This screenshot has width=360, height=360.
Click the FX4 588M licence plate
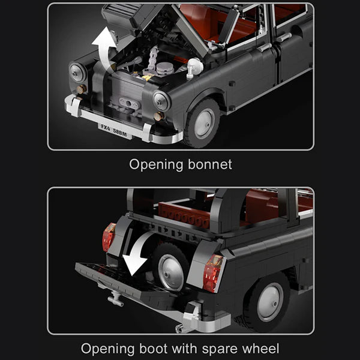(x=115, y=131)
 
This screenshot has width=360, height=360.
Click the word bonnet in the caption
(x=210, y=164)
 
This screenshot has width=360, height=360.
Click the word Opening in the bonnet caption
(x=156, y=165)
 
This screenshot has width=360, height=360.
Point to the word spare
(x=220, y=349)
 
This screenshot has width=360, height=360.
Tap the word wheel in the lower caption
(x=260, y=348)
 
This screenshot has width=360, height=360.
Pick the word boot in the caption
(x=153, y=348)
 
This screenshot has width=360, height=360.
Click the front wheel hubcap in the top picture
(x=204, y=124)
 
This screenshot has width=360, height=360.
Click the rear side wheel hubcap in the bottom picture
(x=270, y=302)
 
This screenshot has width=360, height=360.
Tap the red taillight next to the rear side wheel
(x=213, y=273)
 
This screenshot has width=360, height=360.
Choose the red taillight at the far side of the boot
(x=109, y=237)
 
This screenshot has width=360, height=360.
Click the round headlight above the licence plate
(x=161, y=101)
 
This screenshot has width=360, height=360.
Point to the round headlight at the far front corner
(x=77, y=73)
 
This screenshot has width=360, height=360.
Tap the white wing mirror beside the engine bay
(x=195, y=67)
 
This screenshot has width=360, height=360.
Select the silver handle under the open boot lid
(x=115, y=299)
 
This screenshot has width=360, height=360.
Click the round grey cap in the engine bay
(x=165, y=68)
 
